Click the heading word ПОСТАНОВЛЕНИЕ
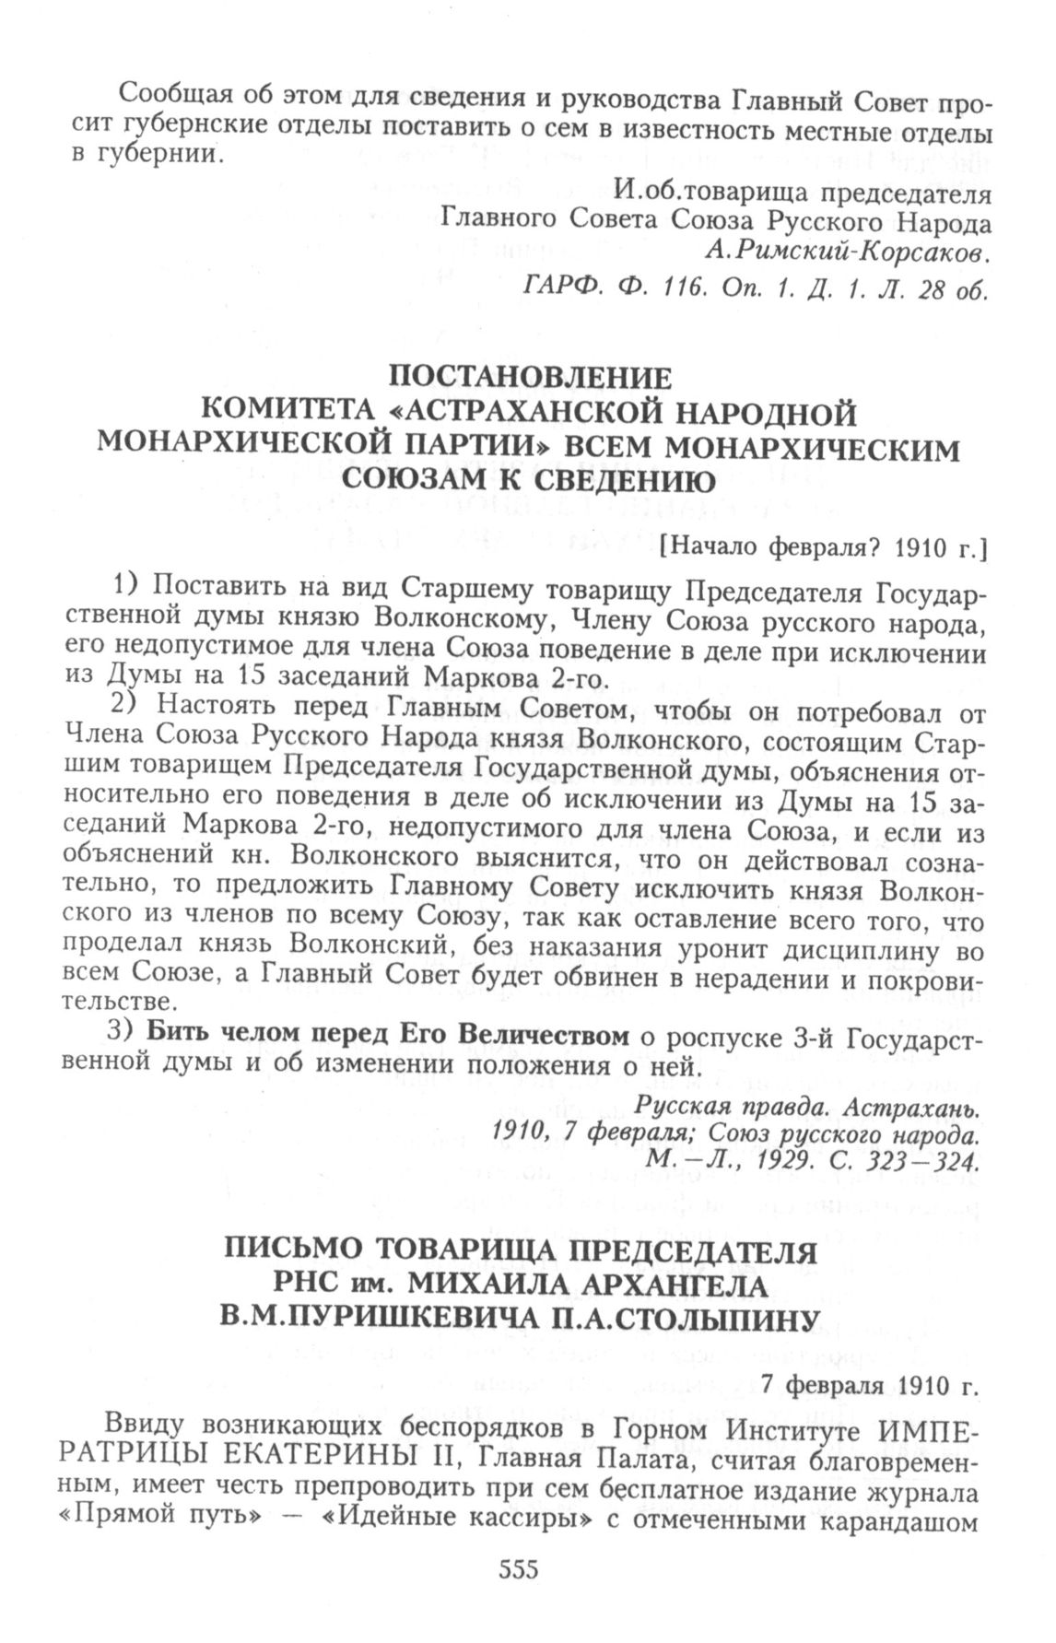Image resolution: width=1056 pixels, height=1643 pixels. click(529, 378)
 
